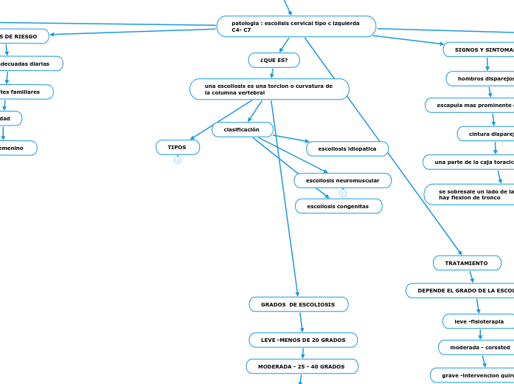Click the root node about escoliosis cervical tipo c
[x=296, y=27]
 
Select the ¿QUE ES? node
[x=274, y=60]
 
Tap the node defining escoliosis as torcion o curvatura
[x=269, y=89]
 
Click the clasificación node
[x=242, y=130]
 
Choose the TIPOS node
[x=177, y=148]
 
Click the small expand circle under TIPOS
[x=177, y=160]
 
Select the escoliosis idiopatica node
[x=347, y=149]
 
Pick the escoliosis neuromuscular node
[x=342, y=181]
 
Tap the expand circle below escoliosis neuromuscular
[x=342, y=193]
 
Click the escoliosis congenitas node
[x=338, y=206]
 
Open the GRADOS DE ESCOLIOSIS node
[x=299, y=304]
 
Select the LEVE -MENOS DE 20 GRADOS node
[x=303, y=340]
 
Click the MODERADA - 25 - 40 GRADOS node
[x=302, y=366]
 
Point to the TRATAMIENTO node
[x=467, y=263]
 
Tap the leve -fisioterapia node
[x=478, y=321]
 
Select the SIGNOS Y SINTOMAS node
[x=479, y=49]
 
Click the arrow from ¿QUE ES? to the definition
[x=272, y=72]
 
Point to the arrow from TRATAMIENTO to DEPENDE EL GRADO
[x=471, y=276]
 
